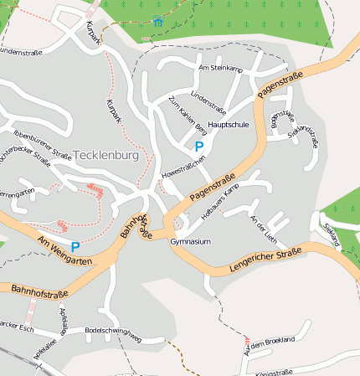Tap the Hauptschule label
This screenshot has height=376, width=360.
click(x=229, y=124)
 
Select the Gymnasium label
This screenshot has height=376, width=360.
click(x=188, y=241)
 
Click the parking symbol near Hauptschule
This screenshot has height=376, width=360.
click(x=199, y=146)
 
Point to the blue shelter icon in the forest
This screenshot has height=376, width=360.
click(x=158, y=21)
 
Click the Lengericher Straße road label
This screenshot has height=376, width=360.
click(x=265, y=260)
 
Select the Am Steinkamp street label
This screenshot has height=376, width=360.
click(x=219, y=68)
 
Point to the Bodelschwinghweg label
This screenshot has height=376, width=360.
click(x=114, y=331)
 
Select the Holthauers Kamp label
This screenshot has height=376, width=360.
click(x=220, y=201)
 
